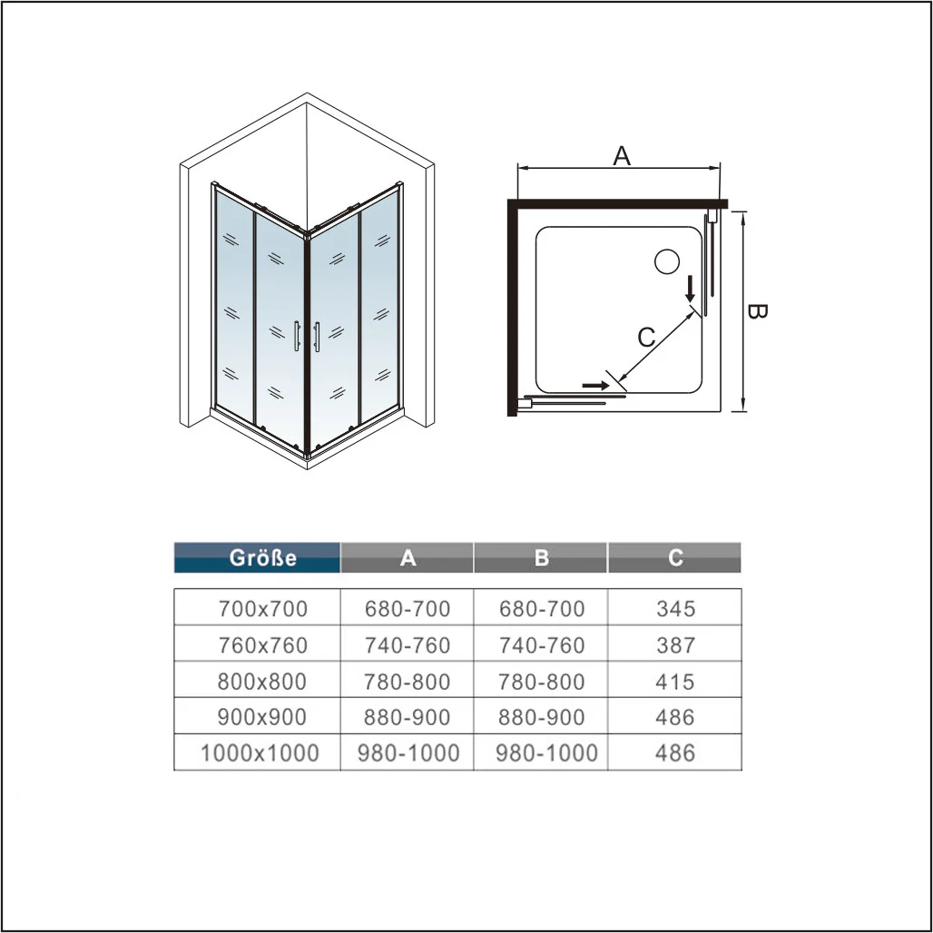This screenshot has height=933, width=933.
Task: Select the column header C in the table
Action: [x=674, y=557]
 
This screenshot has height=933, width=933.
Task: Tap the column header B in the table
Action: [x=541, y=557]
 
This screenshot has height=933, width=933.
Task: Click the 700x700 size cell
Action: [x=262, y=609]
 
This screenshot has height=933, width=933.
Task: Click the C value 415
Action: [x=675, y=682]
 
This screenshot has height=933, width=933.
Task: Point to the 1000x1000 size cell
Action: [x=260, y=753]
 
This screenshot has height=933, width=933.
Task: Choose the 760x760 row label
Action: [x=262, y=645]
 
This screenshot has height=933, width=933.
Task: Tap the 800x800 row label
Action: [x=261, y=682]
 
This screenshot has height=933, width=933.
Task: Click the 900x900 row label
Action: [x=261, y=717]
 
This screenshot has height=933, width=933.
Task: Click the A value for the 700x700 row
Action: [x=408, y=609]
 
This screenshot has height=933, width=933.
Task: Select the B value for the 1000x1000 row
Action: [x=547, y=753]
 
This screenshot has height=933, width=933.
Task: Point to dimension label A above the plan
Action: [x=621, y=156]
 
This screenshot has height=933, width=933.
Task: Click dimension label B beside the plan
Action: [x=757, y=311]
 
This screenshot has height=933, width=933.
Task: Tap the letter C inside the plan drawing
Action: [x=646, y=338]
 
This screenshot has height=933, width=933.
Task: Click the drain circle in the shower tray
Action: [x=667, y=261]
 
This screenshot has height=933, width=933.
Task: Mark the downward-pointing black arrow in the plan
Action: [x=691, y=290]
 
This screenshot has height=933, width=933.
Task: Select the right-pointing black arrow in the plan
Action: [x=595, y=386]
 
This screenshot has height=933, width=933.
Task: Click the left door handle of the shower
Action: [x=296, y=336]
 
